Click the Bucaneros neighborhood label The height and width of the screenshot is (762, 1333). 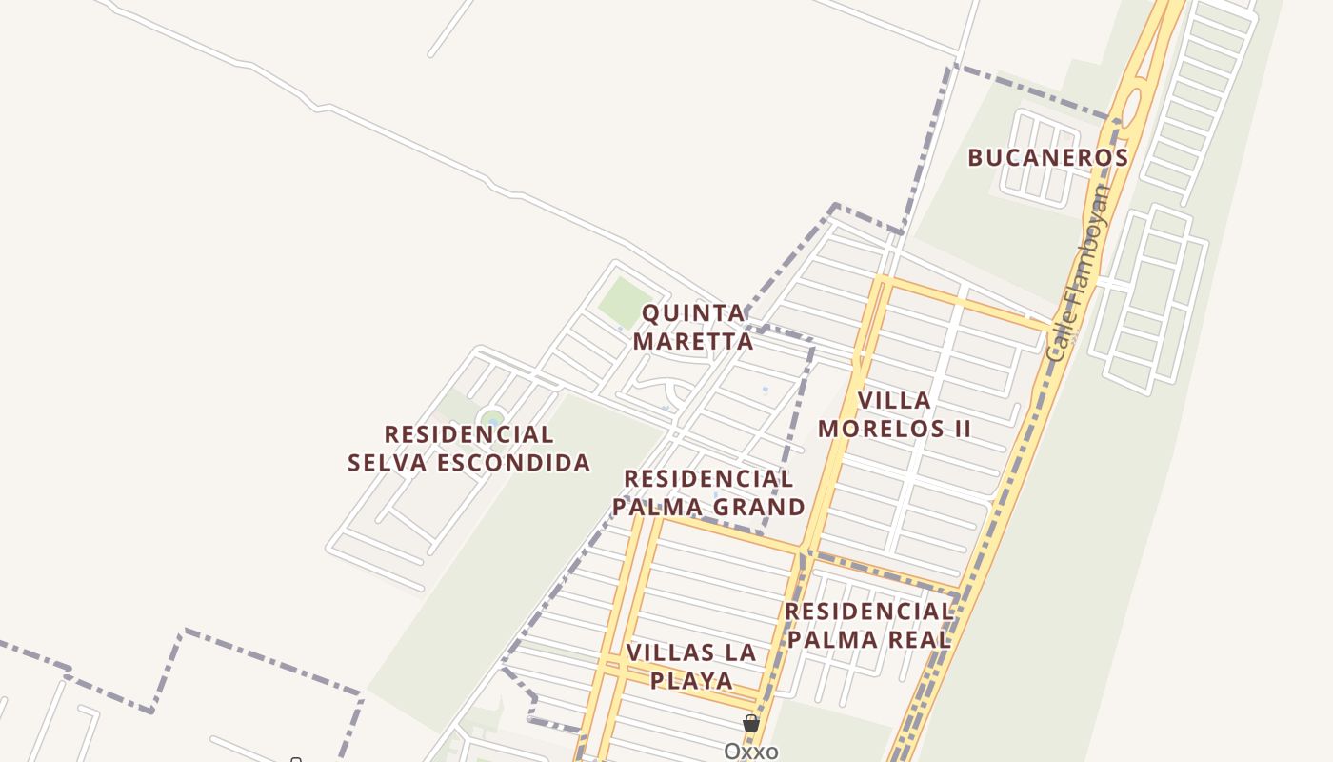[x=1047, y=157]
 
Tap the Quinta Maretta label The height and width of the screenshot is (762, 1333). [x=693, y=327]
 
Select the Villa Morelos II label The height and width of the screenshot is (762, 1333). [x=894, y=414]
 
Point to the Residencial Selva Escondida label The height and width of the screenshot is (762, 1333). [x=468, y=449]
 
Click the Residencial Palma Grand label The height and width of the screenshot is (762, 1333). [x=708, y=492]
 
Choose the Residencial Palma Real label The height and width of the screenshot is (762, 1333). [x=868, y=625]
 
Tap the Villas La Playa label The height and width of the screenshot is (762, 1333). [x=691, y=667]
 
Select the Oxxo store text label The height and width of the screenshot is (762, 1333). [x=750, y=752]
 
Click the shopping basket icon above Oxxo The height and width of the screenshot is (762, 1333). [x=751, y=724]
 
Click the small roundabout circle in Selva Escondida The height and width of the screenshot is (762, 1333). [x=492, y=418]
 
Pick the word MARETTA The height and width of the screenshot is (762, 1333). [x=693, y=341]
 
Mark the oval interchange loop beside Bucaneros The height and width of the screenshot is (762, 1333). [x=1131, y=107]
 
